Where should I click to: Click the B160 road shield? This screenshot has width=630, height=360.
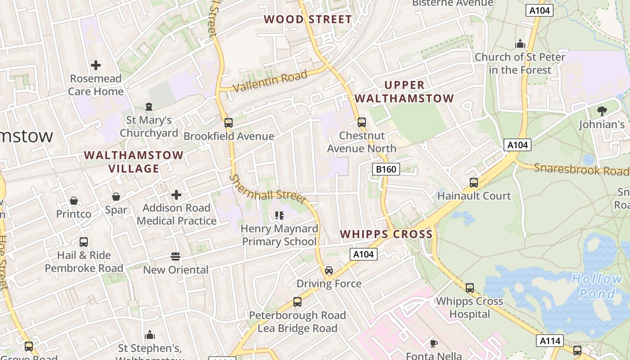click(386, 169)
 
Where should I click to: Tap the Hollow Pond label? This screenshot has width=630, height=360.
click(597, 286)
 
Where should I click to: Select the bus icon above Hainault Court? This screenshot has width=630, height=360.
click(474, 183)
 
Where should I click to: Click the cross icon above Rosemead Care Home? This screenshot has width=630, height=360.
click(96, 65)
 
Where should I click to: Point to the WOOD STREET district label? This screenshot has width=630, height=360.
click(308, 19)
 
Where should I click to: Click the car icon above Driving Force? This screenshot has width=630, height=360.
click(329, 270)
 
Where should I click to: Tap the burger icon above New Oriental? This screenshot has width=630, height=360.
click(175, 256)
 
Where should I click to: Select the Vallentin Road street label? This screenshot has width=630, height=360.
click(270, 81)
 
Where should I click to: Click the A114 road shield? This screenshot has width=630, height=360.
click(550, 341)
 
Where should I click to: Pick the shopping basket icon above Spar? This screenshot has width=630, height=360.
click(116, 197)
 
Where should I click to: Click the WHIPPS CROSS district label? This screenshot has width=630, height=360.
click(386, 234)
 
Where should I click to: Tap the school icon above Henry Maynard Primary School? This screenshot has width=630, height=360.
click(279, 216)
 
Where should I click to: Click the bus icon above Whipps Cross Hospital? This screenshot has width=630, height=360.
click(470, 288)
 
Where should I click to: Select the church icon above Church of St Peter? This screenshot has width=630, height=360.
click(520, 44)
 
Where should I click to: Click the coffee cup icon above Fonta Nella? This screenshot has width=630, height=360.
click(434, 343)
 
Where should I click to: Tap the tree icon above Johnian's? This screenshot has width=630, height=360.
click(602, 111)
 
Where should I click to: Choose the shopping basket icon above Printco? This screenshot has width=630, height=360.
click(74, 201)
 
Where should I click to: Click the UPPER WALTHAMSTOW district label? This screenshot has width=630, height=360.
click(404, 92)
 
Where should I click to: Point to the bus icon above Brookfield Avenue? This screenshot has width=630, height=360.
click(229, 122)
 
